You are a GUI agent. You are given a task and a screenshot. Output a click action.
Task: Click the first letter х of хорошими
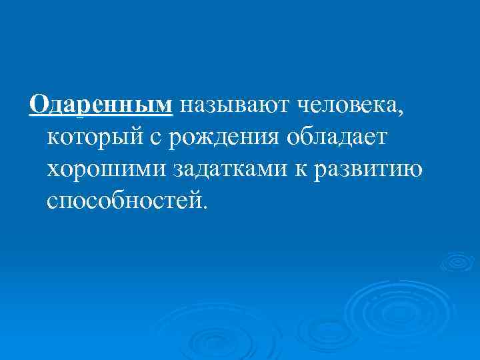pyautogui.click(x=54, y=169)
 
